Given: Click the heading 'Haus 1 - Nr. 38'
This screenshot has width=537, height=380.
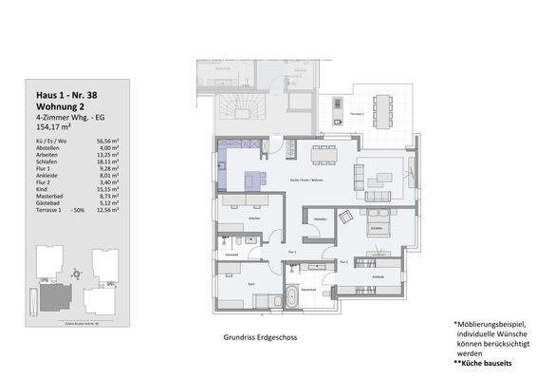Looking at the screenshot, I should click(65, 95).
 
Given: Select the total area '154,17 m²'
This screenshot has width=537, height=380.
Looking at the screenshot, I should click(53, 124).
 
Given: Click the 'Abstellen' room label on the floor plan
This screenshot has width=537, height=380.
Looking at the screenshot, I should click(320, 219).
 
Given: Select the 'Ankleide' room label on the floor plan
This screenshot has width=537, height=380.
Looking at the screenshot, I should click(378, 276).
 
